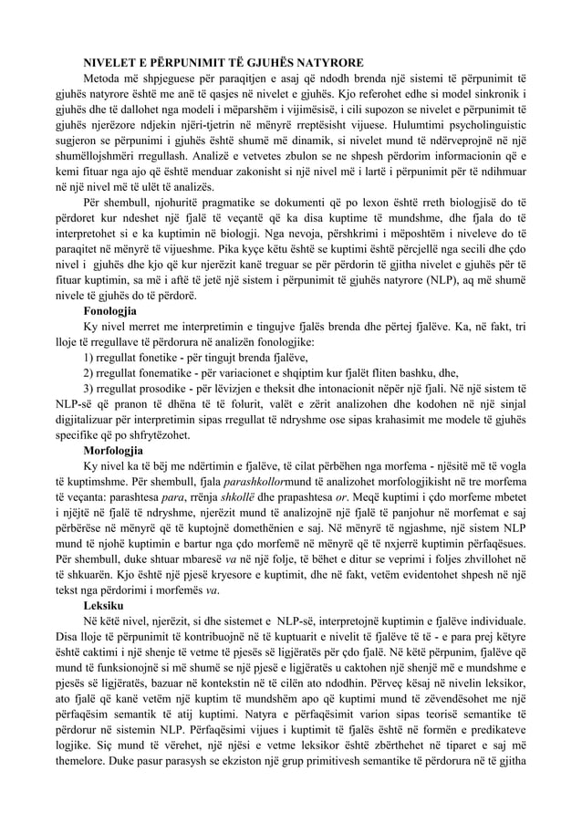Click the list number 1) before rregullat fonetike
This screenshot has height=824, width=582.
(88, 356)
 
